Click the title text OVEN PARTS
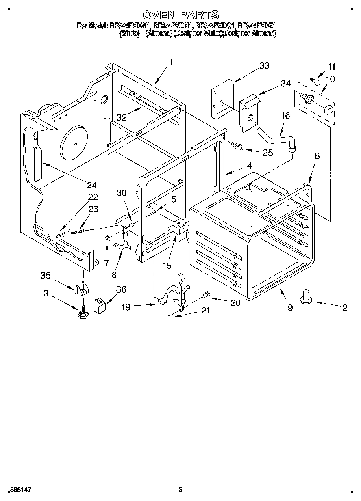pyautogui.click(x=181, y=15)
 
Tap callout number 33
pyautogui.click(x=264, y=66)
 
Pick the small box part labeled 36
pyautogui.click(x=100, y=305)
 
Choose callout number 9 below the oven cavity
pyautogui.click(x=290, y=308)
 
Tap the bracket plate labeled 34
pyautogui.click(x=249, y=115)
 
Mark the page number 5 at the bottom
pyautogui.click(x=180, y=490)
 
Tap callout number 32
pyautogui.click(x=122, y=118)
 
